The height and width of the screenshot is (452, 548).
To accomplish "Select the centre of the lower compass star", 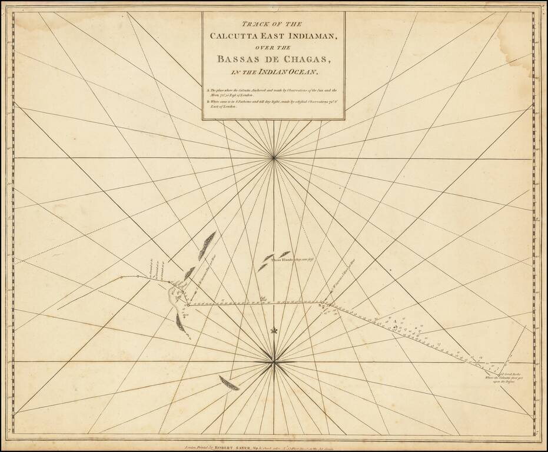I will click(274, 361).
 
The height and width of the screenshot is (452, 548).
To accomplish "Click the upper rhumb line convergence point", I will click(274, 157).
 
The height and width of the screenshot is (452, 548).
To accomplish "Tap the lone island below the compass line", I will click(229, 383).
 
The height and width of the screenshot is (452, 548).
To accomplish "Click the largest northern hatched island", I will click(207, 245).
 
